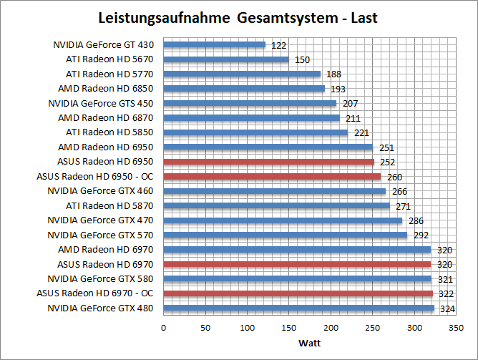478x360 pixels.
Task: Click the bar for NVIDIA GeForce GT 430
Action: pyautogui.click(x=215, y=44)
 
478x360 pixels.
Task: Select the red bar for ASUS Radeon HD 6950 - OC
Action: pyautogui.click(x=272, y=176)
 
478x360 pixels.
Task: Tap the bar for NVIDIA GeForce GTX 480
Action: pyautogui.click(x=298, y=308)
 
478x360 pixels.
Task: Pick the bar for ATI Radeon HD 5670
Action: pyautogui.click(x=226, y=59)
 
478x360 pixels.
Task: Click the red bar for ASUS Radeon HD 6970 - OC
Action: pyautogui.click(x=298, y=293)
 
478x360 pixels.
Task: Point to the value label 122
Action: pyautogui.click(x=279, y=45)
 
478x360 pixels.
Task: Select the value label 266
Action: pyautogui.click(x=399, y=192)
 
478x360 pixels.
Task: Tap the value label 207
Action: pyautogui.click(x=351, y=104)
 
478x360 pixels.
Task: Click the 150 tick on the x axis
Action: pyautogui.click(x=289, y=327)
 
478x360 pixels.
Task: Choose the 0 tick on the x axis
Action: pyautogui.click(x=164, y=327)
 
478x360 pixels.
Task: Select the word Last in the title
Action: pyautogui.click(x=364, y=16)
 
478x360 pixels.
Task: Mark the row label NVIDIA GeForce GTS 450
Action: pyautogui.click(x=102, y=103)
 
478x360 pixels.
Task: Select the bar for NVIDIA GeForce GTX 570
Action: pyautogui.click(x=285, y=235)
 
